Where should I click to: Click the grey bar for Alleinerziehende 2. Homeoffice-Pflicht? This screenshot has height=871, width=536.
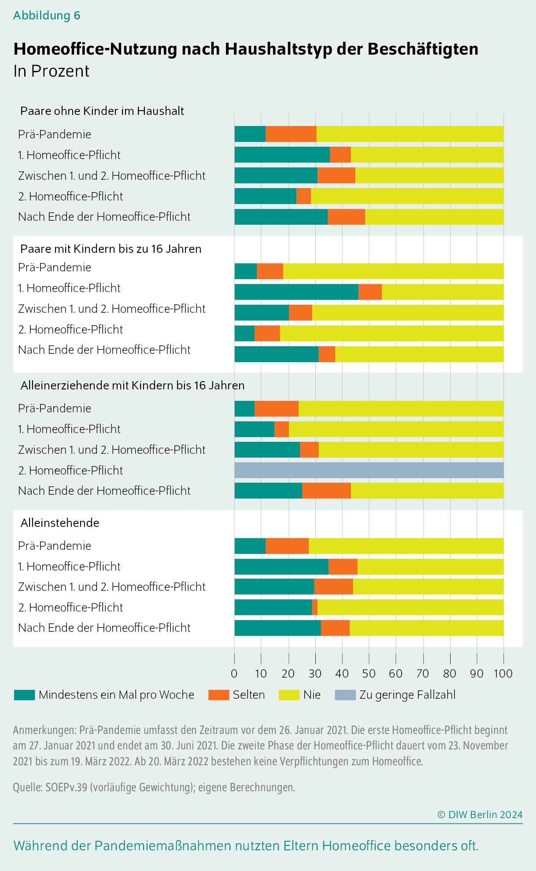point(369,470)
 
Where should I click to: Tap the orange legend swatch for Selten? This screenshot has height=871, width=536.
point(218,695)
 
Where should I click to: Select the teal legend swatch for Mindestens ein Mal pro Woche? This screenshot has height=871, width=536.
point(24,695)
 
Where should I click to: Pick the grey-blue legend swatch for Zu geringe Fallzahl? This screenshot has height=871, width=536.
point(345,695)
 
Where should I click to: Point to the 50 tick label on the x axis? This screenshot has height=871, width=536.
point(369,674)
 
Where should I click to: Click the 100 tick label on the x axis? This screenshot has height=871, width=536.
point(503,674)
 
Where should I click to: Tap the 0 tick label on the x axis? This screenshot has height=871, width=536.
point(234,674)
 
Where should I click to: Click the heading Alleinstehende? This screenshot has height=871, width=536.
point(60,523)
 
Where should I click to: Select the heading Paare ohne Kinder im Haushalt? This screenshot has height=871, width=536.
point(102,111)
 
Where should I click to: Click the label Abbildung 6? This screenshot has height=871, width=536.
point(47,15)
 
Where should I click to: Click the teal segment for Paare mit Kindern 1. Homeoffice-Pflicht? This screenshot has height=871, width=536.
point(296,292)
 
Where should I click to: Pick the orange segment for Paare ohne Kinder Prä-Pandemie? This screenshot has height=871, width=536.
point(291,134)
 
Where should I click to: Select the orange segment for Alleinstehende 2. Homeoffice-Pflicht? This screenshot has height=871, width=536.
point(315,607)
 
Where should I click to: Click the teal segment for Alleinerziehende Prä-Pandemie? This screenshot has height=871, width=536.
point(244,408)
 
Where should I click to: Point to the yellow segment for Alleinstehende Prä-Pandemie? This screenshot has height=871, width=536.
point(406,546)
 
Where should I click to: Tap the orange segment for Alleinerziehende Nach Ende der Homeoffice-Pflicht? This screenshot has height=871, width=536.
point(326,491)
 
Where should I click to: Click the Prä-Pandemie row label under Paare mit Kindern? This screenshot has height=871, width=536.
point(55,267)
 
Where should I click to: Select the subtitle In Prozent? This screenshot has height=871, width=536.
point(52,71)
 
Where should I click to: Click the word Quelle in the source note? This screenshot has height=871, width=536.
point(27,787)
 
